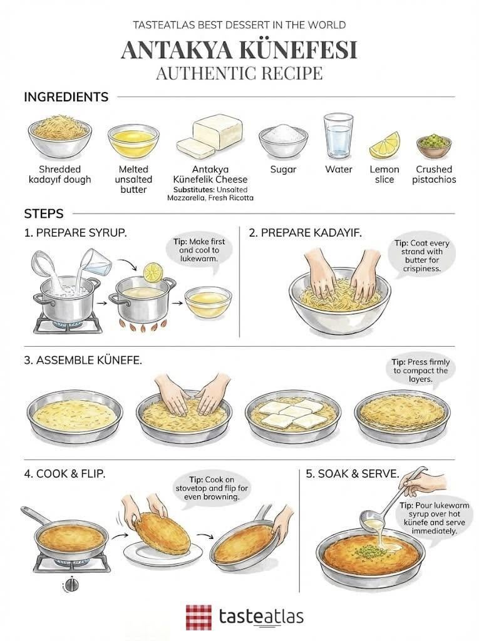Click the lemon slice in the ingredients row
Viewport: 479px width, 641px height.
click(384, 145)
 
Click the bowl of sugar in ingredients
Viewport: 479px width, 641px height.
click(283, 140)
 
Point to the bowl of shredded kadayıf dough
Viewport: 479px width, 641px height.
click(59, 136)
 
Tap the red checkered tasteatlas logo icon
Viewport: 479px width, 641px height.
click(198, 617)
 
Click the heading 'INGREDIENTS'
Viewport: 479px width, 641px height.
click(66, 97)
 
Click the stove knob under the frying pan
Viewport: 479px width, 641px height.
click(72, 585)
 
